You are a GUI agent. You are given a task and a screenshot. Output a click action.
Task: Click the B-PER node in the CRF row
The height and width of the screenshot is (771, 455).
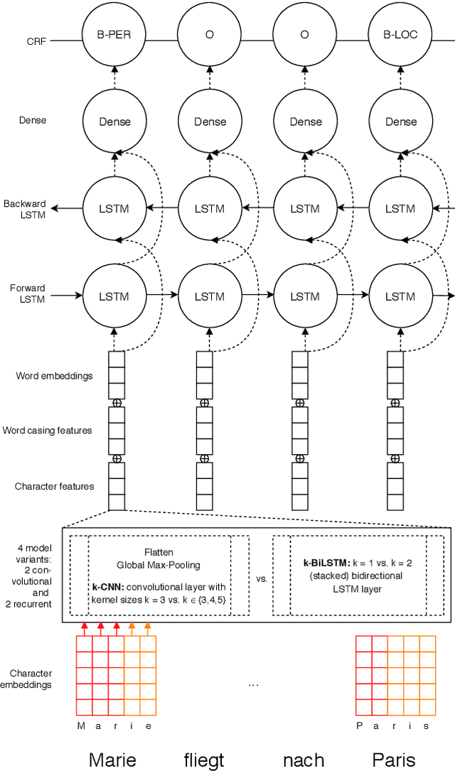[114, 33]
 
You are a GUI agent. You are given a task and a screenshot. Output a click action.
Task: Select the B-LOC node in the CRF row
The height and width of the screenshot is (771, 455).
[400, 33]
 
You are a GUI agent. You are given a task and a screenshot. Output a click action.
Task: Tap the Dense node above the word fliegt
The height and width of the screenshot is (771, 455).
[209, 122]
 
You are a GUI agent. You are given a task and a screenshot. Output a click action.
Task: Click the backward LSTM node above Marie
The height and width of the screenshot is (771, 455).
[114, 208]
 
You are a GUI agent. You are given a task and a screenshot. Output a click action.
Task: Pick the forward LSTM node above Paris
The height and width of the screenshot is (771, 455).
[400, 296]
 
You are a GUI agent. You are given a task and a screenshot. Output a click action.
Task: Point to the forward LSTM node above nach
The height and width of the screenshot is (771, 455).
[305, 296]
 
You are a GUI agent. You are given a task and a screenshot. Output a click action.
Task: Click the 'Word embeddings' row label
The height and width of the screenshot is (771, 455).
[54, 376]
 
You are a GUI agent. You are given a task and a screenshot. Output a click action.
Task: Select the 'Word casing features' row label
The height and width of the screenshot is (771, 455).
[47, 431]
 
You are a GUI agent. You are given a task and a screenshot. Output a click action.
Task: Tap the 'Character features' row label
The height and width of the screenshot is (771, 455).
[54, 487]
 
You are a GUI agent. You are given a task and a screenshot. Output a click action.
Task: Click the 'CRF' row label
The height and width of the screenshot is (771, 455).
[37, 41]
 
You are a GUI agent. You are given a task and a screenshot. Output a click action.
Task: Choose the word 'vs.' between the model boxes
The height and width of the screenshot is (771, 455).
[261, 578]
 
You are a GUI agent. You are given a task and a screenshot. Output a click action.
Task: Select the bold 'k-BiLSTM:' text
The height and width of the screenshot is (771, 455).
[328, 562]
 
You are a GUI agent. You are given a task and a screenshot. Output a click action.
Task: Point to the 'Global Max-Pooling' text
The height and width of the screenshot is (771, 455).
[159, 565]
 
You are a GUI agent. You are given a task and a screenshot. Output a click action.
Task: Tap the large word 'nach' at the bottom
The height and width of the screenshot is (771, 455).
[304, 759]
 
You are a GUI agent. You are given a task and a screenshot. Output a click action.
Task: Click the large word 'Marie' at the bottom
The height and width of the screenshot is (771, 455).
[112, 759]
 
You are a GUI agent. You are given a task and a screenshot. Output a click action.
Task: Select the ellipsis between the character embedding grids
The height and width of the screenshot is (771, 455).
[254, 684]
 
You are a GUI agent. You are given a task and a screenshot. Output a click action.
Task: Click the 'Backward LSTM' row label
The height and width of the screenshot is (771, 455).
[24, 208]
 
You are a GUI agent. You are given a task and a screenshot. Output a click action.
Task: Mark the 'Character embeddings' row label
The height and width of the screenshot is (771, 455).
[31, 679]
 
